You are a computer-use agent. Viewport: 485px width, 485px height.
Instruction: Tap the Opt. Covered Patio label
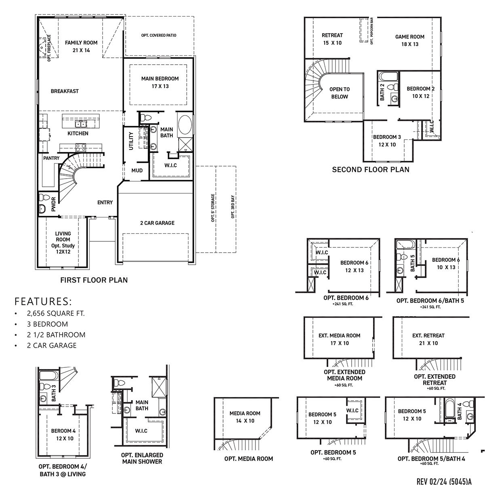coord(158,36)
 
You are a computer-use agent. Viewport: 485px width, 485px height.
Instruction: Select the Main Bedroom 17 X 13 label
coord(160,82)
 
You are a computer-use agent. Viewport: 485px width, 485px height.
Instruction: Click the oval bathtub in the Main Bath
coord(186,125)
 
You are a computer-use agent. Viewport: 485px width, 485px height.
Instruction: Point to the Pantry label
coord(51,158)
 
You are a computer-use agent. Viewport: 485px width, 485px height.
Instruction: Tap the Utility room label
coord(131,141)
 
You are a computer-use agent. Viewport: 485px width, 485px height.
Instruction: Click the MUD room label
coord(137,171)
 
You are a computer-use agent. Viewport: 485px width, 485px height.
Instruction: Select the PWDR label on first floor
coord(53,205)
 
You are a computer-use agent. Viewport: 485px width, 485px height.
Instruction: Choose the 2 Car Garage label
coord(157,223)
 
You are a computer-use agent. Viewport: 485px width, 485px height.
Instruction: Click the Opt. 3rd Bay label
coord(233,207)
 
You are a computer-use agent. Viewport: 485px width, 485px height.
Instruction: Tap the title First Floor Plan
coord(94,280)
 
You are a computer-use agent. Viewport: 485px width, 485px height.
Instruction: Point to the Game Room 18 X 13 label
coord(409,40)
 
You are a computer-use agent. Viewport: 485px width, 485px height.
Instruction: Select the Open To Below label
coord(339,93)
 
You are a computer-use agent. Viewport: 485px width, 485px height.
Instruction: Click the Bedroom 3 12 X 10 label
coord(387,141)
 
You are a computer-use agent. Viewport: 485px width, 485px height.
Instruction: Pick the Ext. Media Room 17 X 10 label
coord(339,339)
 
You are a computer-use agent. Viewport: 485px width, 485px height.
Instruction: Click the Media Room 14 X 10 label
coord(245,417)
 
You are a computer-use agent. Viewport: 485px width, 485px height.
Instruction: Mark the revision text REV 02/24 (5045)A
coord(444,481)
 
